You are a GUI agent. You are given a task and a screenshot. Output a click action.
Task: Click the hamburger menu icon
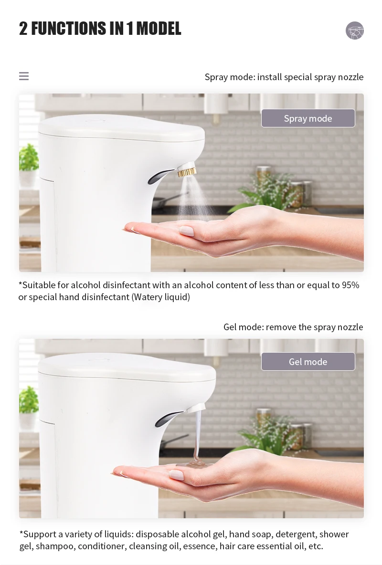[x=24, y=76]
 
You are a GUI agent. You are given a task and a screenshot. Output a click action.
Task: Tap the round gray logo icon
[x=355, y=31]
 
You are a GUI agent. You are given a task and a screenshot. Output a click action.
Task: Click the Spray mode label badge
[x=308, y=118]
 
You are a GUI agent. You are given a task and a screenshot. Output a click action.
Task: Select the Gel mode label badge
[x=308, y=362]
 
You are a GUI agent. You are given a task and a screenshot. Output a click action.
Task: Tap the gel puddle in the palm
[x=193, y=463]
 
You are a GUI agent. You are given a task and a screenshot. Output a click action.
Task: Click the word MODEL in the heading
[x=159, y=29]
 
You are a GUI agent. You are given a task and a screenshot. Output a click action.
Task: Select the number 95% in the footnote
[x=350, y=285]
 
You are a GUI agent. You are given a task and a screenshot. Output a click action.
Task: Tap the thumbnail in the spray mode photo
[x=186, y=231]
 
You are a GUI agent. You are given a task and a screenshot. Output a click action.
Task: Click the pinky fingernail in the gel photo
[x=176, y=475]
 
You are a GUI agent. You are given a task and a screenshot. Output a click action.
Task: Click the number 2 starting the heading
[x=23, y=29]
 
